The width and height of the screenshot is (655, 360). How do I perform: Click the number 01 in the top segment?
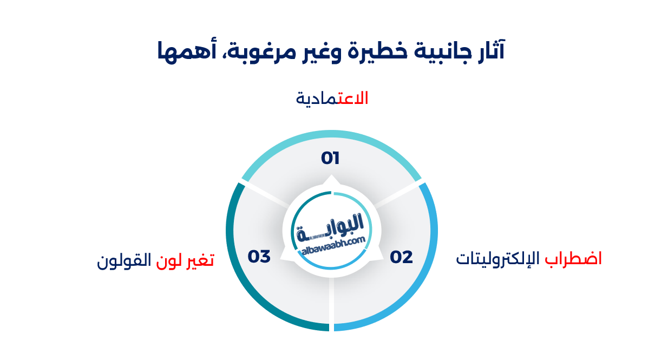pyautogui.click(x=330, y=158)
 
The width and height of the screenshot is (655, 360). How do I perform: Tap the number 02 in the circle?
pyautogui.click(x=401, y=257)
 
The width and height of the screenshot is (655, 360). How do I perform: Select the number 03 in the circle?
pyautogui.click(x=259, y=257)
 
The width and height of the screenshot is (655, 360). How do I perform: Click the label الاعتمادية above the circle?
pyautogui.click(x=332, y=99)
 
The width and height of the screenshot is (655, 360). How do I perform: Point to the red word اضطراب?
pyautogui.click(x=573, y=259)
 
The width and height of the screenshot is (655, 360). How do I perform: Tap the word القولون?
pyautogui.click(x=124, y=260)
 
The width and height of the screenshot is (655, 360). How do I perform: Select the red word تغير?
pyautogui.click(x=200, y=260)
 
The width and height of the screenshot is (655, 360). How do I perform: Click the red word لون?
pyautogui.click(x=169, y=260)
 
